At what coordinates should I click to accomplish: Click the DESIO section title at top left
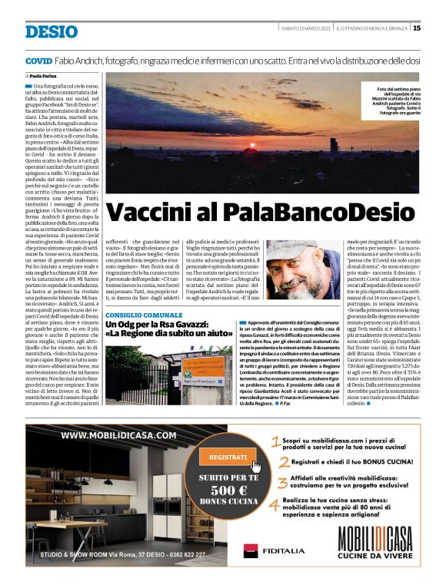tap(51, 31)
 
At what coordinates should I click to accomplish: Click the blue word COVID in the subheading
tap(38, 60)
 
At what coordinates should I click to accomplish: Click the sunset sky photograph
tap(231, 130)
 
